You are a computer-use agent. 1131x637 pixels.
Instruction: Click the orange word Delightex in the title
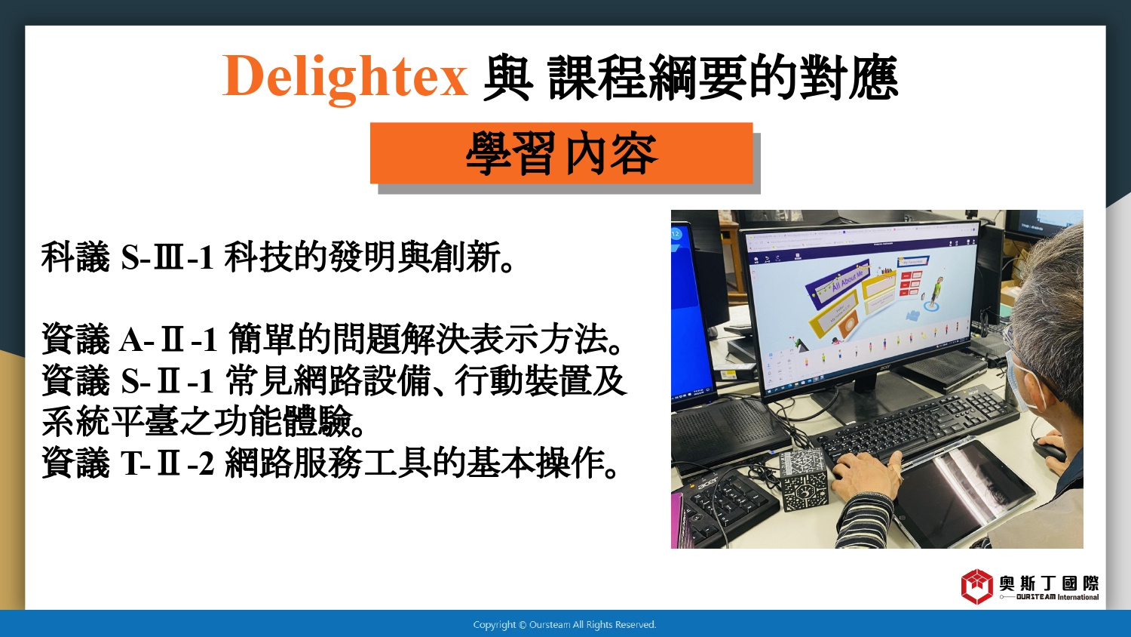click(345, 78)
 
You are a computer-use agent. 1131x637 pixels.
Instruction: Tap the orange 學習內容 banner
click(562, 153)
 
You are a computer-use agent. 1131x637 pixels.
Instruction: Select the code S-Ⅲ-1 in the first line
click(167, 257)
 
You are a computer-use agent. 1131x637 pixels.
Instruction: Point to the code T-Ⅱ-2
click(167, 463)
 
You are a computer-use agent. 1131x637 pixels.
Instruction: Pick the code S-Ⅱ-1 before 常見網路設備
click(167, 380)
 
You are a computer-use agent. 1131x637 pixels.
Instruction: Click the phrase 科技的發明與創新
click(369, 257)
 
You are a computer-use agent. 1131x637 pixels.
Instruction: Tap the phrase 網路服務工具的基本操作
click(422, 462)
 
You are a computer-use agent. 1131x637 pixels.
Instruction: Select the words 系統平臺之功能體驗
click(204, 421)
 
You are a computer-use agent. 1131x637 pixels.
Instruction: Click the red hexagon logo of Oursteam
click(976, 586)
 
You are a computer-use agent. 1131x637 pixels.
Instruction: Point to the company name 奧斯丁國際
click(1050, 583)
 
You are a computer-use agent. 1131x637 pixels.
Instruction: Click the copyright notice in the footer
click(565, 625)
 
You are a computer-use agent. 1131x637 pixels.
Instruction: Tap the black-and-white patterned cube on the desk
click(805, 479)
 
